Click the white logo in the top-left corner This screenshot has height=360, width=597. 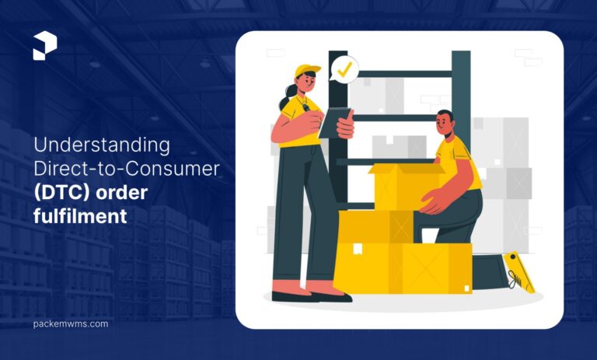(x=45, y=47)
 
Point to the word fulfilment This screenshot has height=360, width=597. (x=80, y=217)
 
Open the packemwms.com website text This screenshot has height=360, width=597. (x=71, y=323)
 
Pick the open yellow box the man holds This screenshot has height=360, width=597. (x=404, y=185)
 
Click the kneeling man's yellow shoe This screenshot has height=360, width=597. (x=519, y=271)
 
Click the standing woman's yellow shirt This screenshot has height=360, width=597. (x=295, y=124)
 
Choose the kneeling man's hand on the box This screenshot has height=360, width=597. (x=430, y=205)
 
